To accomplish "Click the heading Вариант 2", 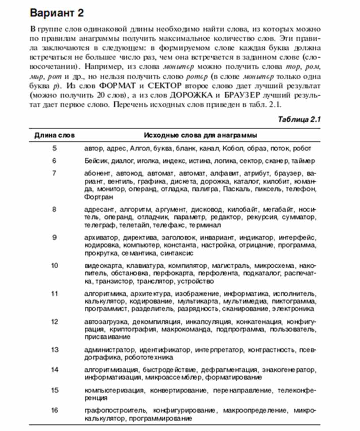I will (56, 13).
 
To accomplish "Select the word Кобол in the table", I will (232, 148).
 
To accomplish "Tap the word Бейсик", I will (95, 161).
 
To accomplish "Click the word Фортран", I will (96, 197).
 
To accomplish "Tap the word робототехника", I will (149, 357).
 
